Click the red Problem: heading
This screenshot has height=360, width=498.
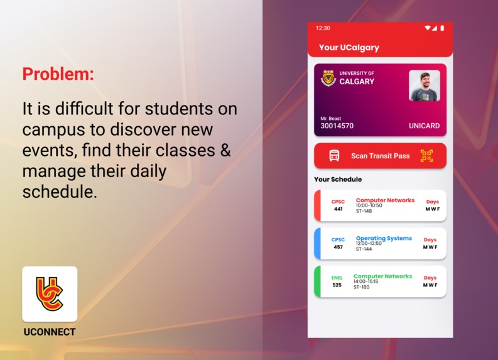[x=58, y=74]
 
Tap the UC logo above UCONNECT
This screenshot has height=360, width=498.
[x=50, y=294]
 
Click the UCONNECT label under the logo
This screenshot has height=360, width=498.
[x=50, y=332]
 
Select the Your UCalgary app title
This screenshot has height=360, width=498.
[x=349, y=47]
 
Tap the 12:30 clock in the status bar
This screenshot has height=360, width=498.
[x=323, y=28]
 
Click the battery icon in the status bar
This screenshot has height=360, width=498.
[x=442, y=28]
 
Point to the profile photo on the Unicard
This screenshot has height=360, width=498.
[x=424, y=85]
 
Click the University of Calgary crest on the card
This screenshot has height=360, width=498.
[x=328, y=78]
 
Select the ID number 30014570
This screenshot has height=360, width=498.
[x=337, y=126]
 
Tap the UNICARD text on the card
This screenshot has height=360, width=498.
[x=424, y=126]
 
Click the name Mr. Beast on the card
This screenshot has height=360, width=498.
[x=331, y=118]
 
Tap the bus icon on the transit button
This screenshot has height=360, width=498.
[x=335, y=156]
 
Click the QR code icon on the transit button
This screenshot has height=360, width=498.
[x=427, y=156]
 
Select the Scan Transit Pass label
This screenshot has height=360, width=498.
[x=380, y=156]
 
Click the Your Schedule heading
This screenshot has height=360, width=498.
[x=338, y=179]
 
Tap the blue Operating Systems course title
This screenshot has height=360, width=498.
[x=384, y=238]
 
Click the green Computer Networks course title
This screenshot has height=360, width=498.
[x=382, y=276]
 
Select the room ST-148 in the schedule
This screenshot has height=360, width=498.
[x=364, y=211]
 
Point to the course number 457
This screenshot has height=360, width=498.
[x=338, y=247]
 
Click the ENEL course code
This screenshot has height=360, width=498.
[x=337, y=278]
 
